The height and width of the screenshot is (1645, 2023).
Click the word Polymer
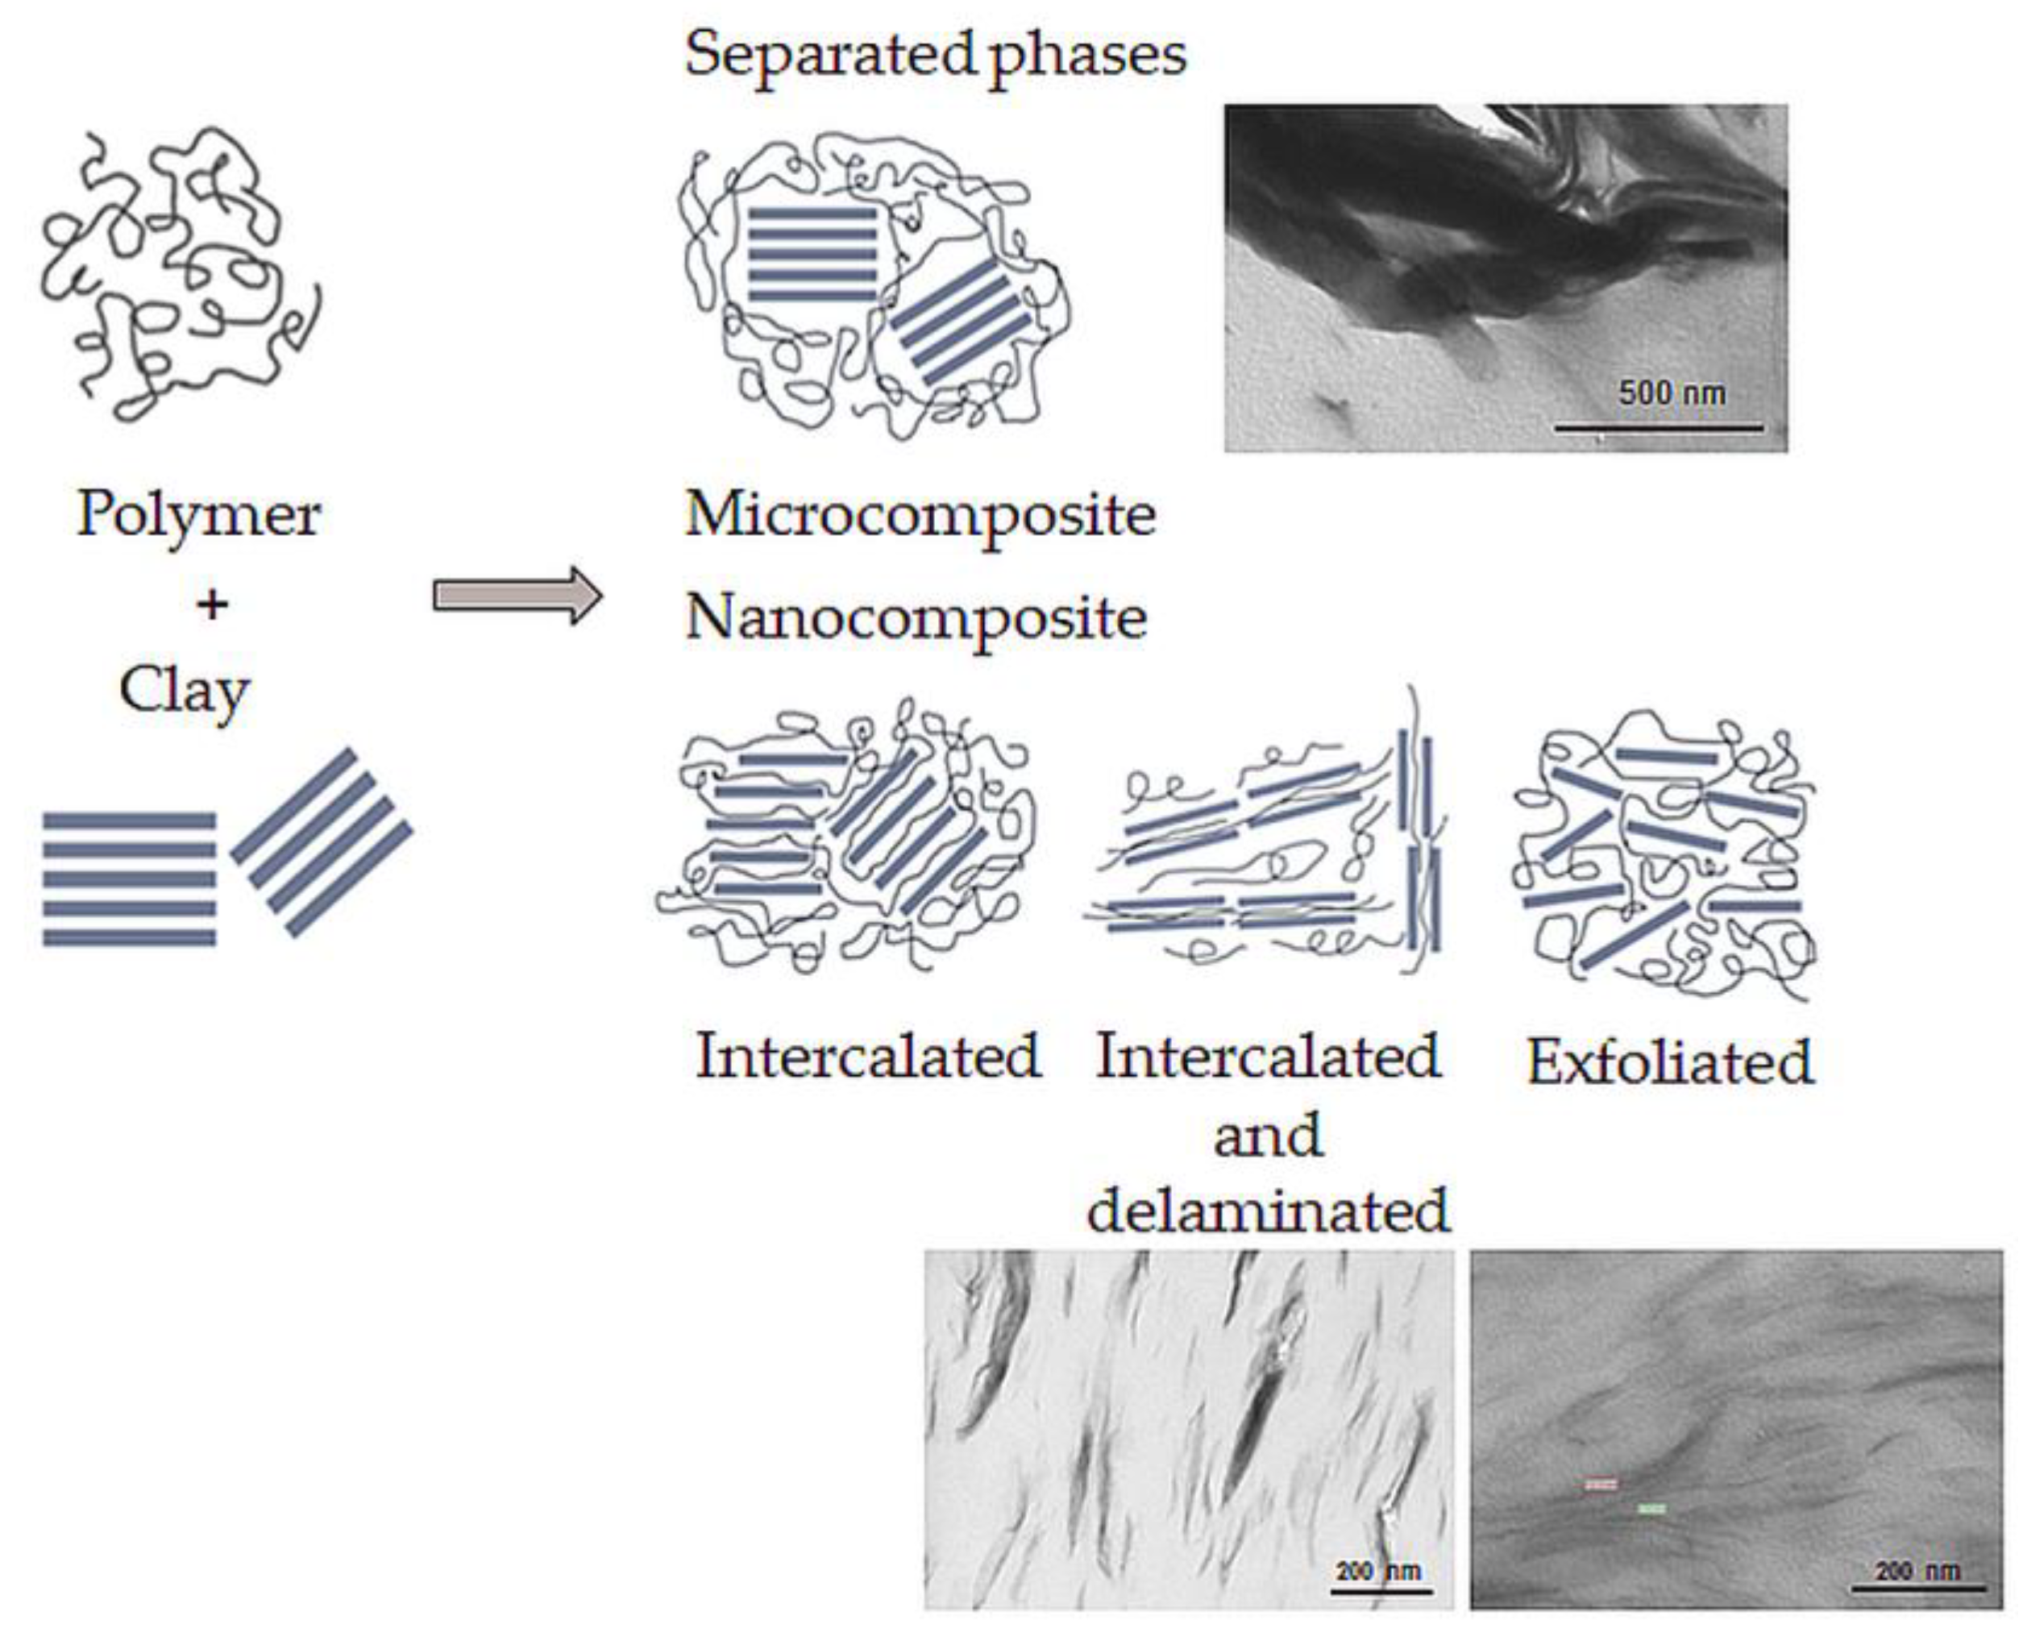[x=198, y=514]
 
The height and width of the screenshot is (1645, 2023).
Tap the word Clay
[x=185, y=690]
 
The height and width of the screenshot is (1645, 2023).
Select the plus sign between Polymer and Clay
[x=212, y=604]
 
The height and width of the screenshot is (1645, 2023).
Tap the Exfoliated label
[x=1669, y=1062]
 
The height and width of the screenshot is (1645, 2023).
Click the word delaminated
[x=1268, y=1210]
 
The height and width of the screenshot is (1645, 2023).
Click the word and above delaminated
[x=1268, y=1134]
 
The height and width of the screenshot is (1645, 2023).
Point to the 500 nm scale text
[x=1672, y=393]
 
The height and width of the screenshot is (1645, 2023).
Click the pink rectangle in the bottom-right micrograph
[x=1601, y=1484]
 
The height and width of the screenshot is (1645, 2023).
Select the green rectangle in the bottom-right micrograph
[x=1651, y=1508]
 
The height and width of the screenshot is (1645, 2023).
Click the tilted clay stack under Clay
[x=322, y=841]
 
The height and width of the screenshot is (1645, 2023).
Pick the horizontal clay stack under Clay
[x=129, y=879]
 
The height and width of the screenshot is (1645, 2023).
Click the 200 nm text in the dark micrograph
[x=1917, y=1571]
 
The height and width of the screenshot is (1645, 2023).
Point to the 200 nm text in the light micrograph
[x=1379, y=1571]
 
